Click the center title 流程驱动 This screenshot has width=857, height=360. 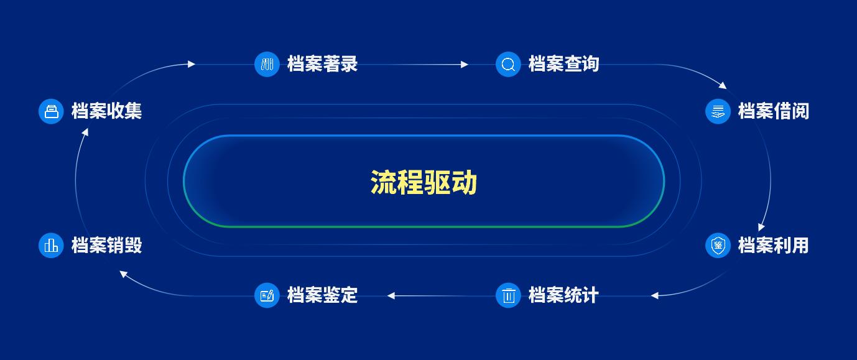coord(424,182)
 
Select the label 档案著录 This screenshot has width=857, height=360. coord(322,64)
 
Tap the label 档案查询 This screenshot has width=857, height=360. coord(563,64)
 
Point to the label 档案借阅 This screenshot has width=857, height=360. coord(773,111)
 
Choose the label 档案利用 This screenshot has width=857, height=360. coord(773,246)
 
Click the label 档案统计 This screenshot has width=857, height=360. coord(563,295)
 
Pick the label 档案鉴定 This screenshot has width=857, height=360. coord(322,295)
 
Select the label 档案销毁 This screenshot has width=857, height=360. coord(106,246)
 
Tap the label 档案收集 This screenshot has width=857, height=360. coord(106,111)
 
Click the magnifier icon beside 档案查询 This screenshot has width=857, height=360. coord(508,65)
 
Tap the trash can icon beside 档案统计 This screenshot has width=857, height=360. coord(508,295)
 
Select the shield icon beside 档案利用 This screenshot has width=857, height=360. coord(718,246)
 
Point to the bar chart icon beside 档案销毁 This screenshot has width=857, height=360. coord(51,246)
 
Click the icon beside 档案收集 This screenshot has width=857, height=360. coord(51,111)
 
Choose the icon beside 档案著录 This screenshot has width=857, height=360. coord(267,65)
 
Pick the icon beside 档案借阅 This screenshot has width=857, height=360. coord(718,111)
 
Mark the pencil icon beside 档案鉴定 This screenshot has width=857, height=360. coord(267,295)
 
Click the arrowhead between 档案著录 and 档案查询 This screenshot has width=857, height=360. coord(465,65)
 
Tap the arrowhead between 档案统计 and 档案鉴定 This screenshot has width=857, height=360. coord(391,296)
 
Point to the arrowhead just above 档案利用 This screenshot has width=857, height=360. coord(761,228)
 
